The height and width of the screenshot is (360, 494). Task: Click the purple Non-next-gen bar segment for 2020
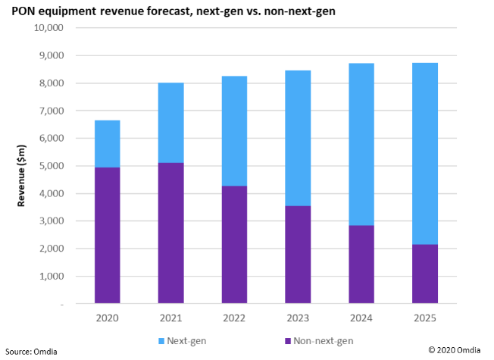(x=107, y=235)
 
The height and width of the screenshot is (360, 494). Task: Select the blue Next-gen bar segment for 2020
(x=107, y=143)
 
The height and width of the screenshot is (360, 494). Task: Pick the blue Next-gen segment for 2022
(x=234, y=130)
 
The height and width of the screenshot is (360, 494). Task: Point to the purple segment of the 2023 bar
(x=298, y=254)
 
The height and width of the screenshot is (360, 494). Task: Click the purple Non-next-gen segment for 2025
(x=425, y=274)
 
